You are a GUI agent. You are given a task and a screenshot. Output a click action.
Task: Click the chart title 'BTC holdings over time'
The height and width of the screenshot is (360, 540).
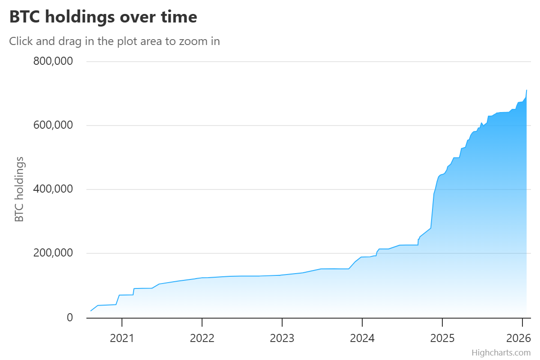(x=103, y=17)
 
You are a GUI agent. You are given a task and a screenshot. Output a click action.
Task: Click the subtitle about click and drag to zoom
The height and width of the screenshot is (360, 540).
(x=114, y=41)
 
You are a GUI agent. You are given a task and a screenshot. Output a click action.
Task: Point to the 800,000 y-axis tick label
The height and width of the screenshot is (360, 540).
(x=53, y=61)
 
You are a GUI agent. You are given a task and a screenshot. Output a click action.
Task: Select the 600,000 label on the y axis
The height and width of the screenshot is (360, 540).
(x=53, y=125)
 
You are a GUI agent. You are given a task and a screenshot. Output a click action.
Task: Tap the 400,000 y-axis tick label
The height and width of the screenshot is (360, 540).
(x=53, y=189)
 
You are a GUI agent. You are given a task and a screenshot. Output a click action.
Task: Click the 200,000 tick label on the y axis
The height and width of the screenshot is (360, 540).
(x=53, y=253)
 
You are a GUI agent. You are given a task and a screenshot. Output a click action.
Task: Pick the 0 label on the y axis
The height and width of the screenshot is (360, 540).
(x=69, y=317)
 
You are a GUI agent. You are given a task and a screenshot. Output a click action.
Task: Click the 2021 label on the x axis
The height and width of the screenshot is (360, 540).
(x=122, y=338)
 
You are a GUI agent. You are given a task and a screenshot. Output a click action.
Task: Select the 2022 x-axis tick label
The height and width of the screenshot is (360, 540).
(x=202, y=338)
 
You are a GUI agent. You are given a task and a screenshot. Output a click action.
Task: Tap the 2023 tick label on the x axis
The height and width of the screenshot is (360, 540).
(x=282, y=338)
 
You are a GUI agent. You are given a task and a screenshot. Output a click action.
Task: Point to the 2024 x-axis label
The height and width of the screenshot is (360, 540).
(x=362, y=338)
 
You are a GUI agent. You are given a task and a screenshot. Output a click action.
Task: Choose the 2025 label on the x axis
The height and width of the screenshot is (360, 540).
(x=442, y=338)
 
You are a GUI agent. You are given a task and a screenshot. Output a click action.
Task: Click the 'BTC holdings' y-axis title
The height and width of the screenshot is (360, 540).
(x=19, y=189)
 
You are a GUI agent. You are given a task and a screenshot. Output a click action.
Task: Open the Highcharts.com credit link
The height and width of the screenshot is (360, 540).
(x=501, y=352)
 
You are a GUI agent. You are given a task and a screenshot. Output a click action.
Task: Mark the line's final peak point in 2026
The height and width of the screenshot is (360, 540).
(x=526, y=90)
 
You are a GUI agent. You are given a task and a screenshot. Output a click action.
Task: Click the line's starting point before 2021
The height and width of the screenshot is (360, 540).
(x=91, y=311)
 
